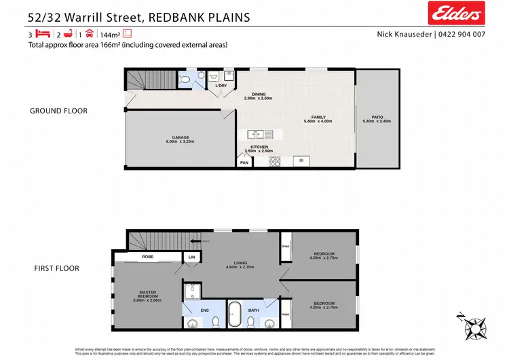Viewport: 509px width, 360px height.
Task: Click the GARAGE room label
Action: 181,139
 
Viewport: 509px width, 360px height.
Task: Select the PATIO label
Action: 377,118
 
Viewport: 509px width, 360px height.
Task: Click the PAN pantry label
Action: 244,162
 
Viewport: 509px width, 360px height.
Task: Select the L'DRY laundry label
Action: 221,86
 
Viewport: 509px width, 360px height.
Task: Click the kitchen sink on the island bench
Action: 260,134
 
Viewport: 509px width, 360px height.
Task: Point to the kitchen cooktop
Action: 276,162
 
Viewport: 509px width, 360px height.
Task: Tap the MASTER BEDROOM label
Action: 147,295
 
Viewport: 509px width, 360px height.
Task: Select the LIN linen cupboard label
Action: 191,257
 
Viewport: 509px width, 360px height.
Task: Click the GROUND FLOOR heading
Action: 58,111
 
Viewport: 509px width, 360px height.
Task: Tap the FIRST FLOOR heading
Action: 56,268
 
